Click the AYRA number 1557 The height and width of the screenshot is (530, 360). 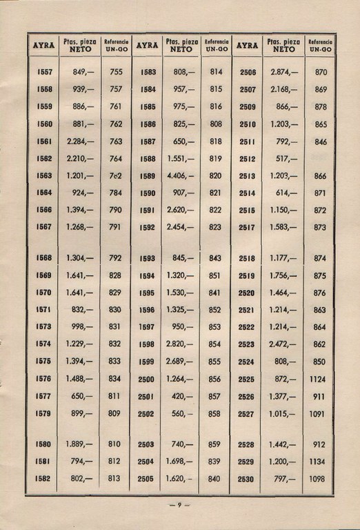[44, 71]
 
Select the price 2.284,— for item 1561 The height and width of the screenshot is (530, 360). [81, 141]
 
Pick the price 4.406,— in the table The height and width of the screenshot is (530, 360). [180, 175]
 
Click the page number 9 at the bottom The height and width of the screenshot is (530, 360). [179, 505]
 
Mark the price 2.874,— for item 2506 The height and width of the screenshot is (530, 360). [283, 72]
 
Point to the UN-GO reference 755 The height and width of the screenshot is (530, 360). [116, 71]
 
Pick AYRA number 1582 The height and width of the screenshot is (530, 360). [44, 479]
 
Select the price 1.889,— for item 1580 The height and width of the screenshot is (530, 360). [81, 444]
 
